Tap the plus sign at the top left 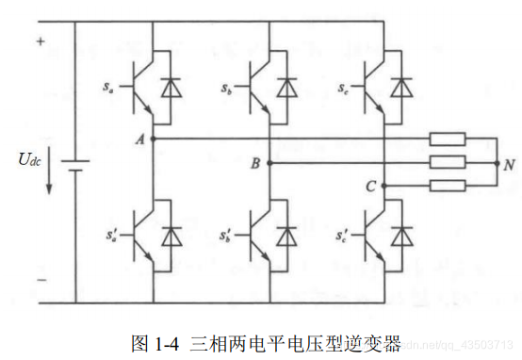(41, 41)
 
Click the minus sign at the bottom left (41, 280)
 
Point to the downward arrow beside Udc (49, 177)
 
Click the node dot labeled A (154, 139)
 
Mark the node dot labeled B (269, 163)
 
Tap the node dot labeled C (385, 186)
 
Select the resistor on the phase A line (447, 139)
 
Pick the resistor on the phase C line (447, 186)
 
